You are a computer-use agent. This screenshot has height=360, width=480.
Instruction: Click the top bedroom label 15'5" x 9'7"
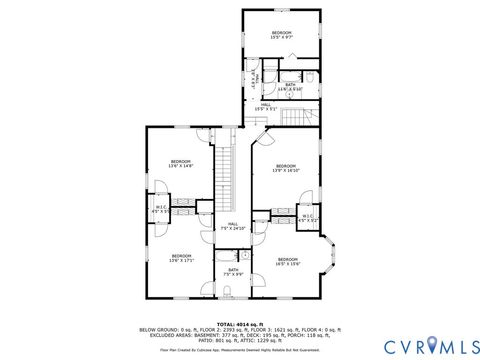pyautogui.click(x=282, y=36)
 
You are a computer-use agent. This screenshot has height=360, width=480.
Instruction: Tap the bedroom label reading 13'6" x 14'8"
pyautogui.click(x=180, y=165)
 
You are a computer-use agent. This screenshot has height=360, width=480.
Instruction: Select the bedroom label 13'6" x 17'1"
pyautogui.click(x=181, y=259)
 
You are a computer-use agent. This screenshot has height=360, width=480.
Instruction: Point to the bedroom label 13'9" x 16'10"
pyautogui.click(x=286, y=168)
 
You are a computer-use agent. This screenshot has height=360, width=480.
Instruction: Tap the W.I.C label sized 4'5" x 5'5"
pyautogui.click(x=159, y=210)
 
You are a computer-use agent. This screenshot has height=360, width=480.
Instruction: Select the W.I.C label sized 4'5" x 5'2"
pyautogui.click(x=307, y=216)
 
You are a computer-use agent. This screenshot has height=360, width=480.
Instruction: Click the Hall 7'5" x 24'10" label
pyautogui.click(x=233, y=226)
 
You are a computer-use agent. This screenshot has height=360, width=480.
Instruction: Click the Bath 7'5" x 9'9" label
pyautogui.click(x=233, y=271)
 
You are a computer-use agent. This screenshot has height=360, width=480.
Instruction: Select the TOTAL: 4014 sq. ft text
pyautogui.click(x=239, y=323)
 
